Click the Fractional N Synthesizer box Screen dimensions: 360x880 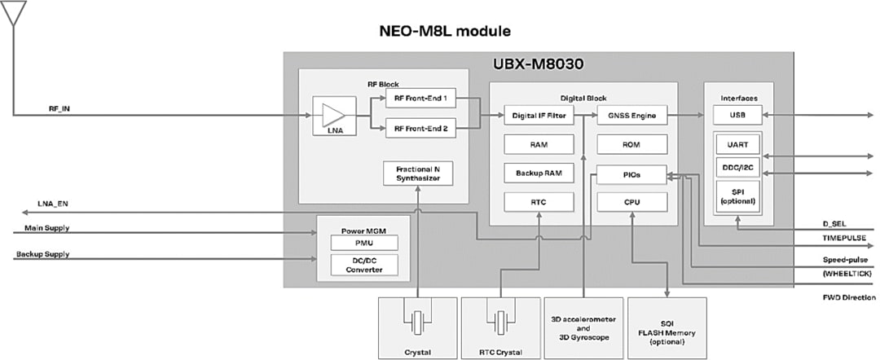pyautogui.click(x=417, y=172)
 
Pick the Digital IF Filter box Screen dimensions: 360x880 pyautogui.click(x=539, y=116)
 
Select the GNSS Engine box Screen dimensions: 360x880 pyautogui.click(x=631, y=116)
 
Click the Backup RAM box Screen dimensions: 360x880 pyautogui.click(x=539, y=173)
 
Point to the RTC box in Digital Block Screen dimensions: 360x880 pyautogui.click(x=539, y=202)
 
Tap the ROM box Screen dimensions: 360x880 pyautogui.click(x=631, y=144)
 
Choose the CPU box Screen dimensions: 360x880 pyautogui.click(x=631, y=202)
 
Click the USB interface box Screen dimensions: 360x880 pyautogui.click(x=737, y=115)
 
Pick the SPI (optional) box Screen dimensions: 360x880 pyautogui.click(x=737, y=195)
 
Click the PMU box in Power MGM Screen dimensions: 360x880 pyautogui.click(x=363, y=243)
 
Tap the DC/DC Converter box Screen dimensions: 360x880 pyautogui.click(x=363, y=265)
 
